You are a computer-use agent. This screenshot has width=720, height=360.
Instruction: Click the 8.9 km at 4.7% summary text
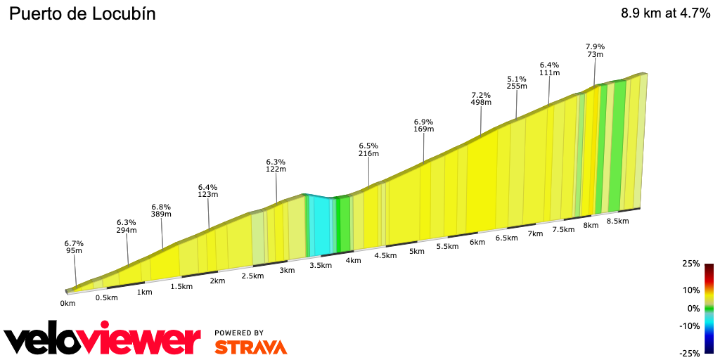pos(665,13)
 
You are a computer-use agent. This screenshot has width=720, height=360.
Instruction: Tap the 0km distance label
pos(67,304)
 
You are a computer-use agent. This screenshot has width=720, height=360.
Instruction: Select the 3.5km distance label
pos(320,265)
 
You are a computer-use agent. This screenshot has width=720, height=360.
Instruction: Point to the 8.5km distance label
pos(617,221)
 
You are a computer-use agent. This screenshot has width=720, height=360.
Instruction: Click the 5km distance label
pos(417,251)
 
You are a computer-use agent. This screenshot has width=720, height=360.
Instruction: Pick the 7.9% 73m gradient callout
pos(595,51)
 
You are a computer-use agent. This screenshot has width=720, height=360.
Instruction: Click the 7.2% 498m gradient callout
pos(480,98)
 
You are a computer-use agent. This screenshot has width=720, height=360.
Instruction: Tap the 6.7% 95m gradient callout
pos(74,246)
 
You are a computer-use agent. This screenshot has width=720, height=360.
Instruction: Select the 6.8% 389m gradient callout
pos(161,211)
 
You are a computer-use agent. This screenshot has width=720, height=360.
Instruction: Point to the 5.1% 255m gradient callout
pos(517,82)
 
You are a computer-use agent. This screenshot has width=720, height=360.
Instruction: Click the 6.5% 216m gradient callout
pos(368,149)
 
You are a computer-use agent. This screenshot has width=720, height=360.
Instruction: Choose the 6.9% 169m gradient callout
pos(423,125)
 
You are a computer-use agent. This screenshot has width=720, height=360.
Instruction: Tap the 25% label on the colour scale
pos(691,264)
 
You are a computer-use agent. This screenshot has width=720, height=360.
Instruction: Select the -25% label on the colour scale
pos(690,353)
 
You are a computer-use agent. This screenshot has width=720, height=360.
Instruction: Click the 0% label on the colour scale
pos(693,308)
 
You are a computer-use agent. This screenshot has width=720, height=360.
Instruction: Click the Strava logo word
pos(250,347)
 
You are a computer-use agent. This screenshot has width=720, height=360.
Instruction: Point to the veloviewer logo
pos(103,340)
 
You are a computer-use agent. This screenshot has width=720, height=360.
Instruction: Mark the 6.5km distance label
pos(506,238)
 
